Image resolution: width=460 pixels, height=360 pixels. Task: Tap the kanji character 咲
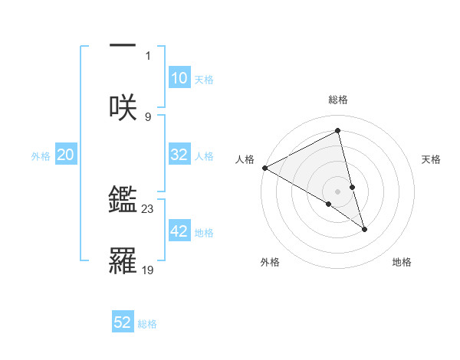tap(123, 106)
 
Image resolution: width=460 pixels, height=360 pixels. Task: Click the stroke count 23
tap(148, 208)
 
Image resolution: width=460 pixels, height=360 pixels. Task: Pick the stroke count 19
tap(148, 270)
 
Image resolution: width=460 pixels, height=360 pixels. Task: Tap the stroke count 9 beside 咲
tap(148, 116)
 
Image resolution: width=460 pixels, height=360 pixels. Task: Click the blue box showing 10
tap(179, 78)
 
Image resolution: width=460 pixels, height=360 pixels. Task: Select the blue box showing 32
tap(179, 155)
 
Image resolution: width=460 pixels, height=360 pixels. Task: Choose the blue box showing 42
tap(179, 231)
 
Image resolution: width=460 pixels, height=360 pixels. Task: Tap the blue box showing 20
tap(66, 155)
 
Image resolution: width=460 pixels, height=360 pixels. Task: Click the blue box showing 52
tap(123, 322)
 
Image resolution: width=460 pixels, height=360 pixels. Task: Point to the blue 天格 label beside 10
tap(204, 79)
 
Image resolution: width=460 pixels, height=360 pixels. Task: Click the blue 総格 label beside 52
tap(147, 323)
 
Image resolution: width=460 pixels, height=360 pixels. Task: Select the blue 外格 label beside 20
tap(41, 155)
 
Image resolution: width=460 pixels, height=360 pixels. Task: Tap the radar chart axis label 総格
tap(338, 100)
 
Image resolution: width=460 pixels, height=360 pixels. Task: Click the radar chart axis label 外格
tap(270, 262)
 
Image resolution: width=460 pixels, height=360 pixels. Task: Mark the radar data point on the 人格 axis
tap(264, 168)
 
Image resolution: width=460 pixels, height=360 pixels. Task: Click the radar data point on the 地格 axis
tap(364, 229)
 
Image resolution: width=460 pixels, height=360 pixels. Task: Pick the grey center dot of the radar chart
tap(338, 191)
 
